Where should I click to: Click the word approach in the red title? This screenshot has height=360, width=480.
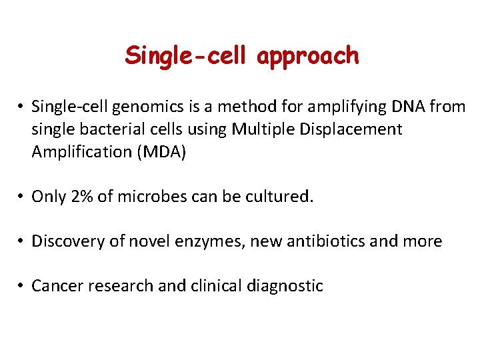coord(308,57)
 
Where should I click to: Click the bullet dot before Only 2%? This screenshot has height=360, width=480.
coord(22,197)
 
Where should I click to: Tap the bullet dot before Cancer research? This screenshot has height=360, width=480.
coord(22,287)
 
